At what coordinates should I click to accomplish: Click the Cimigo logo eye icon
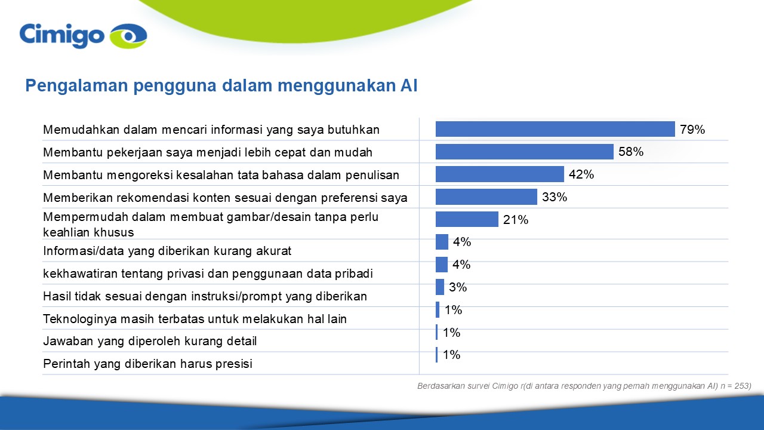[x=128, y=36]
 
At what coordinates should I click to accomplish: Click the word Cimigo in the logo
[x=61, y=36]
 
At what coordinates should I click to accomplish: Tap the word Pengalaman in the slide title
[x=76, y=85]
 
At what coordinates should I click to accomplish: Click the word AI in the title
[x=409, y=85]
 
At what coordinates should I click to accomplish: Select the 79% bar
[x=555, y=129]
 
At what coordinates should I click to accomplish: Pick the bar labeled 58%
[x=524, y=152]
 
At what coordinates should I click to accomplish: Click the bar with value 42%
[x=500, y=174]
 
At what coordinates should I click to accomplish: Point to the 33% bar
[x=486, y=197]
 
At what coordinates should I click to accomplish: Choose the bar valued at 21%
[x=467, y=219]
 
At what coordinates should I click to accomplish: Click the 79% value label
[x=692, y=130]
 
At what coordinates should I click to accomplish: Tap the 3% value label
[x=458, y=287]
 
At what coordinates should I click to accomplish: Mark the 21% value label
[x=515, y=220]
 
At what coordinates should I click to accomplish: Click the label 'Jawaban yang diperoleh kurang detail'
[x=150, y=341]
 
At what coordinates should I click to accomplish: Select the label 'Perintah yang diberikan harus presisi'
[x=147, y=364]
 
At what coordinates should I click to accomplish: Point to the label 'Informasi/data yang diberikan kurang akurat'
[x=167, y=251]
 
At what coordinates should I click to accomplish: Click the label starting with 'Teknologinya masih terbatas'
[x=195, y=319]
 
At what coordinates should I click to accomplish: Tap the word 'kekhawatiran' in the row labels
[x=80, y=274]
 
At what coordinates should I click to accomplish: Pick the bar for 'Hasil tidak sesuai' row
[x=440, y=287]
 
